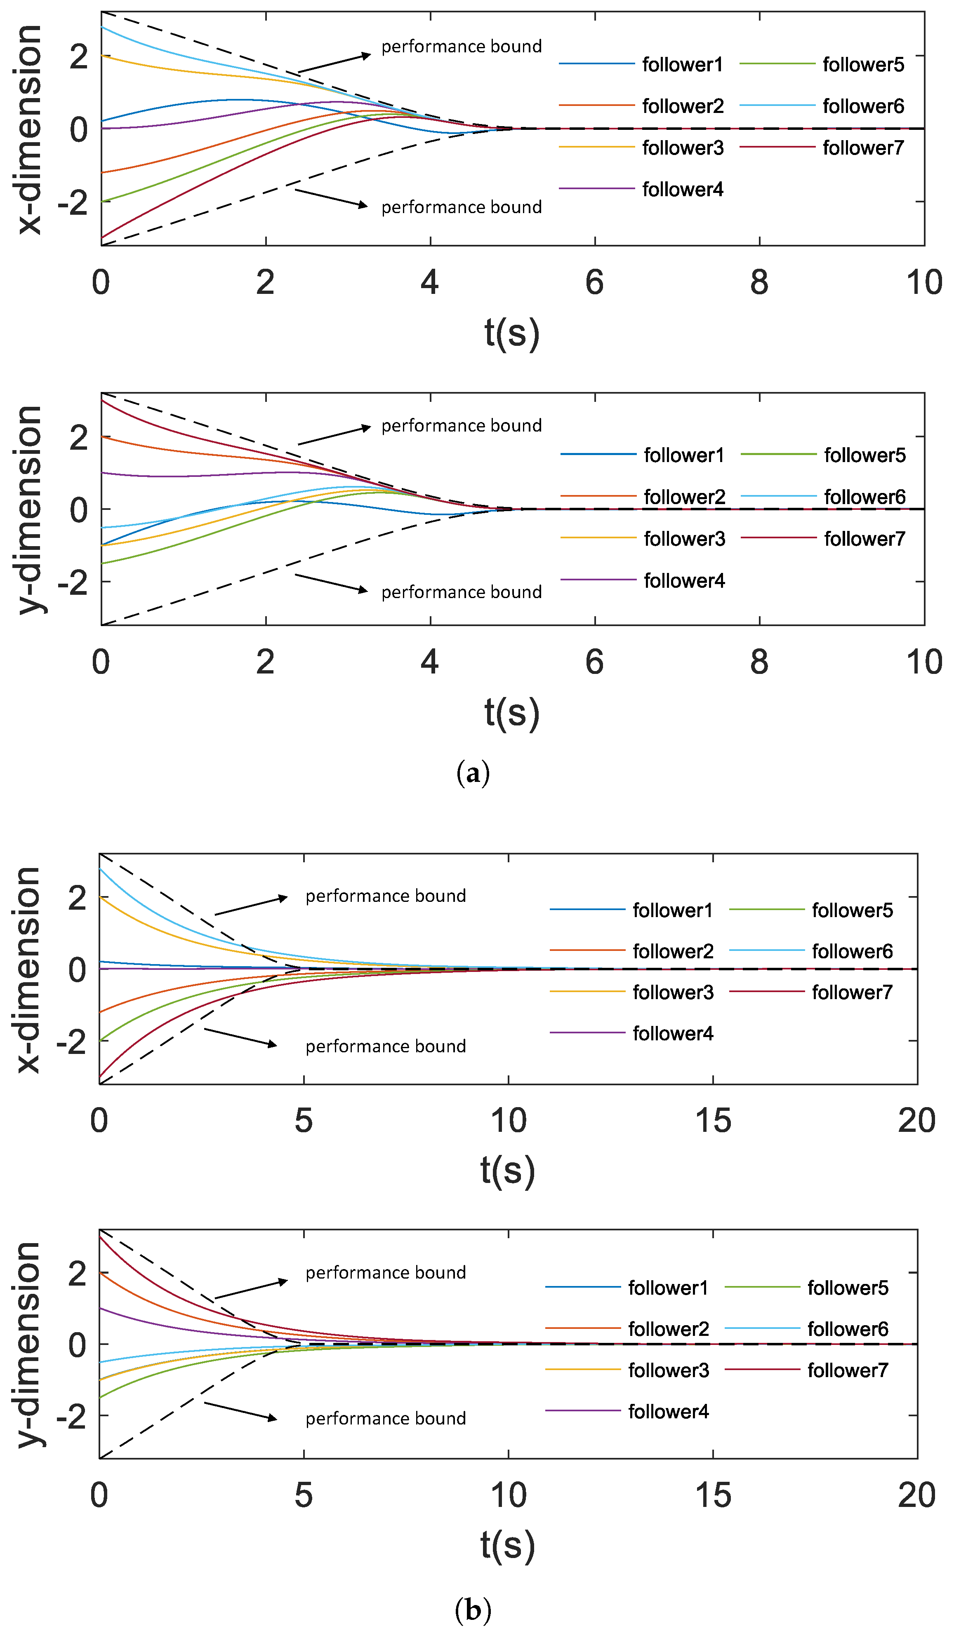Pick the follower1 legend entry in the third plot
click(x=672, y=910)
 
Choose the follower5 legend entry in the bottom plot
click(x=847, y=1287)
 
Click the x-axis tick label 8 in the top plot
click(x=758, y=282)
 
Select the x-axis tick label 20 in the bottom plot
click(x=916, y=1495)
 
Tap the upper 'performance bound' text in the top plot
click(x=461, y=47)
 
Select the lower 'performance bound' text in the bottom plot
click(x=385, y=1418)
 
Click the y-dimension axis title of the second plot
click(x=29, y=509)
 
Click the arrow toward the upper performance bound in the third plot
click(x=251, y=906)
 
